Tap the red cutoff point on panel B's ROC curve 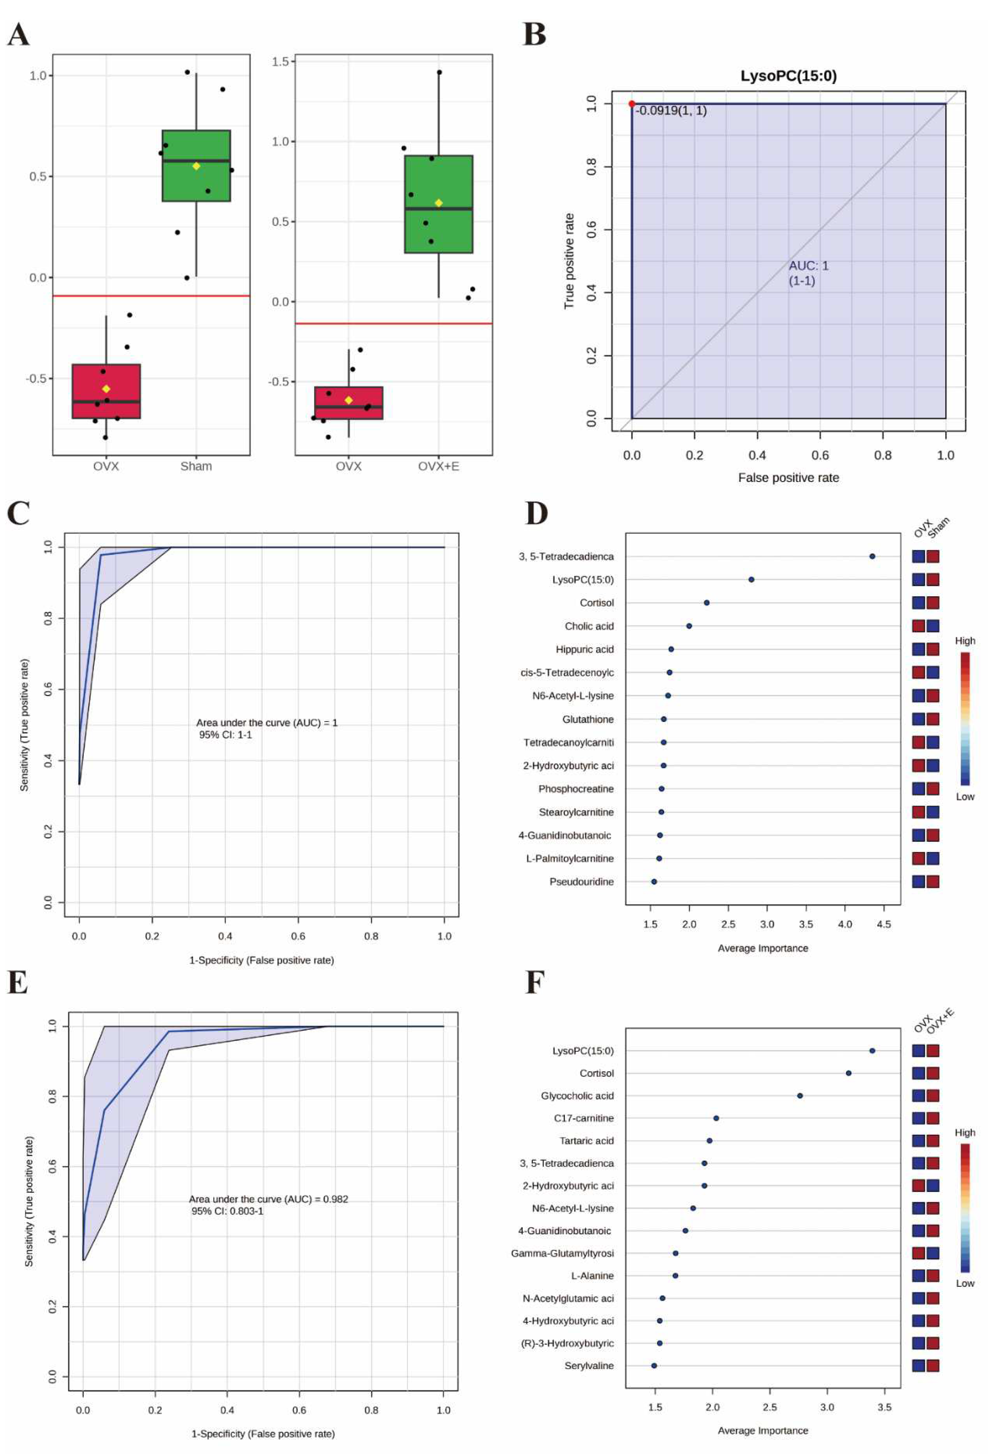pyautogui.click(x=632, y=104)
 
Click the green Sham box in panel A pyautogui.click(x=196, y=166)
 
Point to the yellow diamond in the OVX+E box pyautogui.click(x=438, y=203)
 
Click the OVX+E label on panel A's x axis pyautogui.click(x=438, y=466)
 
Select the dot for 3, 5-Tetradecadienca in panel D pyautogui.click(x=872, y=556)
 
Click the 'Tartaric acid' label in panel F pyautogui.click(x=587, y=1141)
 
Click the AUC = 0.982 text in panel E pyautogui.click(x=268, y=1199)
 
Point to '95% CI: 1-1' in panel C pyautogui.click(x=226, y=735)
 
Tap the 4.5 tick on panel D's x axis pyautogui.click(x=884, y=924)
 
